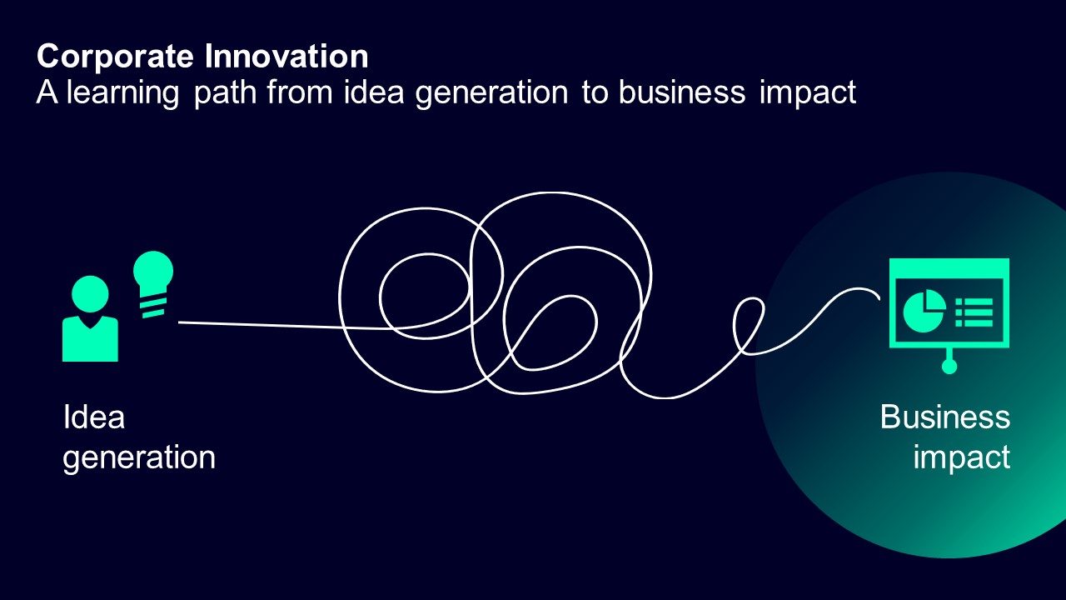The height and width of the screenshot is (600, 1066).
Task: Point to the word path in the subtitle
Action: click(225, 92)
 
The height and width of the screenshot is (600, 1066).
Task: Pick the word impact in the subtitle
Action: click(807, 92)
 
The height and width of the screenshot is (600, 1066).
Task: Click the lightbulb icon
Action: click(154, 271)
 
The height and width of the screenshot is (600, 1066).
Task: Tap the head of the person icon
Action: click(90, 294)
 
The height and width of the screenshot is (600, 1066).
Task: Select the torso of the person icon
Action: click(90, 339)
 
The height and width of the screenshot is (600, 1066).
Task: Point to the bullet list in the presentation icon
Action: click(974, 312)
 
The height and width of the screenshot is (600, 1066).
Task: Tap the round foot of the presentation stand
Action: click(949, 366)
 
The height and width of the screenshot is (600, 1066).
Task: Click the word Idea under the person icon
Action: click(93, 417)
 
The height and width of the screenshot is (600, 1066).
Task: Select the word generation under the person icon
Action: click(139, 457)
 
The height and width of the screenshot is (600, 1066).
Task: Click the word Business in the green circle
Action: click(944, 417)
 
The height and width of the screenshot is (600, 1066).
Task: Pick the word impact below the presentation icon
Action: click(961, 457)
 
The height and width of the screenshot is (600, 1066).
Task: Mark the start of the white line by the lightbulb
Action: click(181, 322)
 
